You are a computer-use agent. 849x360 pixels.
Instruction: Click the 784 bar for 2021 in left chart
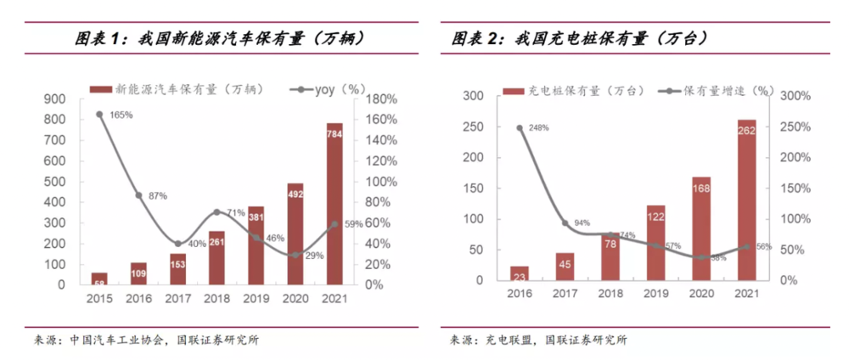tap(335, 204)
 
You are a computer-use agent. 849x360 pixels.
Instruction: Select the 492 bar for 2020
tap(295, 233)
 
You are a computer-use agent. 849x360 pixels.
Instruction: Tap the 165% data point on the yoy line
tap(99, 114)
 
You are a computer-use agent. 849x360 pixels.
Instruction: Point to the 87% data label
tap(157, 196)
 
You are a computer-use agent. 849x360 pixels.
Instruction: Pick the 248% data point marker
tap(520, 128)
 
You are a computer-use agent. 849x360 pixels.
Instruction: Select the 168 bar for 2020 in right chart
tap(701, 228)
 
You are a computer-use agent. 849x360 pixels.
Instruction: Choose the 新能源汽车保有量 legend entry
tap(162, 88)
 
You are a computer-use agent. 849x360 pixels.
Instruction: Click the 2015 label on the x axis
tap(99, 299)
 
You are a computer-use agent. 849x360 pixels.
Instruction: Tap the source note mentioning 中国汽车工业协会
tap(146, 340)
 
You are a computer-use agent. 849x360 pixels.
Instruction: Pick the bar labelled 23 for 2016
tap(520, 273)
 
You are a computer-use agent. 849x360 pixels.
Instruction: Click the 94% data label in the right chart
tap(582, 223)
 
